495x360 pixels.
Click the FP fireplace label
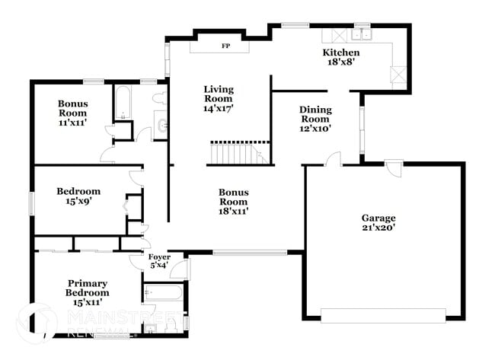[225, 46]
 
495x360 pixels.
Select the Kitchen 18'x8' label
[341, 58]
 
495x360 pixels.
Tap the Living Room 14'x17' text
[218, 99]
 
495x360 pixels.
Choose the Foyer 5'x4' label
[158, 261]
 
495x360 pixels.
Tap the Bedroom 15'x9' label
[78, 196]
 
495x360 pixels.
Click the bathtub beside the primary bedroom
[163, 294]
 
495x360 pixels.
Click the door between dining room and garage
[332, 159]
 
